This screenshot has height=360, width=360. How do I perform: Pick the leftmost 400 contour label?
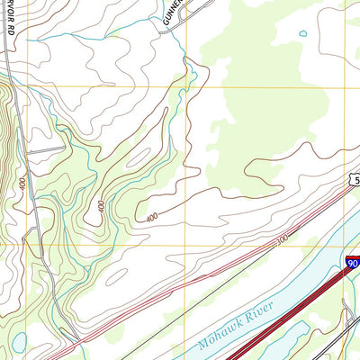[x=22, y=183]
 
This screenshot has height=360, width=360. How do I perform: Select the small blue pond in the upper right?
[x=303, y=34]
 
